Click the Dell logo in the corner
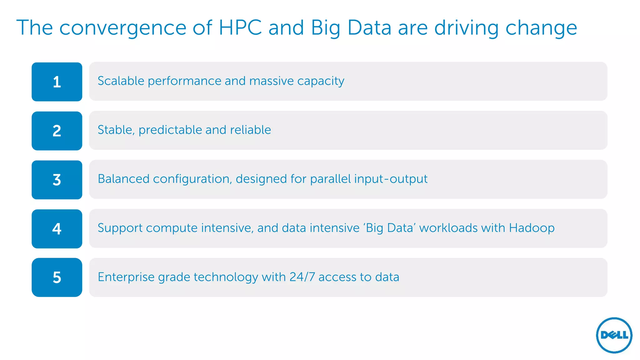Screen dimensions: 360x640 614,335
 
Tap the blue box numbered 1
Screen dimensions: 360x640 57,82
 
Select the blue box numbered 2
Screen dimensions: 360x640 57,131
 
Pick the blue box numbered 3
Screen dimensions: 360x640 57,180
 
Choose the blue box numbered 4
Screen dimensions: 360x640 57,229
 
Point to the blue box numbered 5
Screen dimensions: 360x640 57,277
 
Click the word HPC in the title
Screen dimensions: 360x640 240,28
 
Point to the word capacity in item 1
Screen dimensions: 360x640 321,81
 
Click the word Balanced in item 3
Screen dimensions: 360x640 123,179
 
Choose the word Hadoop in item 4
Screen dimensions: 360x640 532,228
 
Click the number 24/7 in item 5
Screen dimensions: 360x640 302,277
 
